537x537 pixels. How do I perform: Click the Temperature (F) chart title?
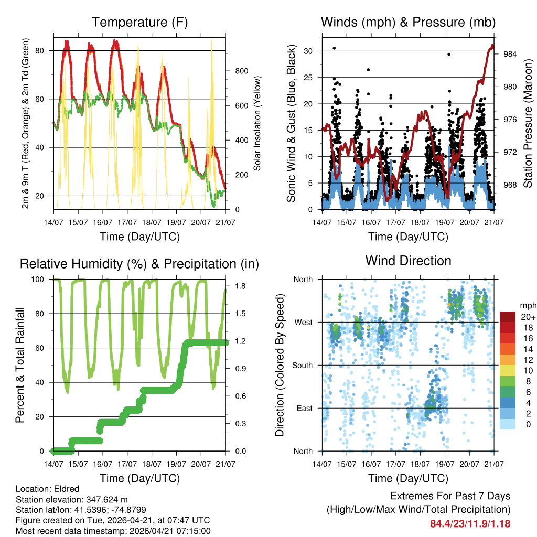[x=139, y=23]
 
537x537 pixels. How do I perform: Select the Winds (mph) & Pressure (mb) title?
[x=408, y=23]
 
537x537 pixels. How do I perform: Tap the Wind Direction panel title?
[x=408, y=260]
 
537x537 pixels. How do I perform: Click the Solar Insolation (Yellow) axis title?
[x=257, y=123]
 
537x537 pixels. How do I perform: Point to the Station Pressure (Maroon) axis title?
[x=528, y=123]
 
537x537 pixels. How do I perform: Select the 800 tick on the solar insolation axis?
[x=241, y=71]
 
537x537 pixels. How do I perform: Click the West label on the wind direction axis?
[x=303, y=322]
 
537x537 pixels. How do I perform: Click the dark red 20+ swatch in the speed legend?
[x=509, y=316]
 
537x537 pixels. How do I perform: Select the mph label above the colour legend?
[x=527, y=305]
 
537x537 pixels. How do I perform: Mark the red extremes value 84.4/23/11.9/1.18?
[x=470, y=523]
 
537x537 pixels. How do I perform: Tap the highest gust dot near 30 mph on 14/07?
[x=334, y=48]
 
